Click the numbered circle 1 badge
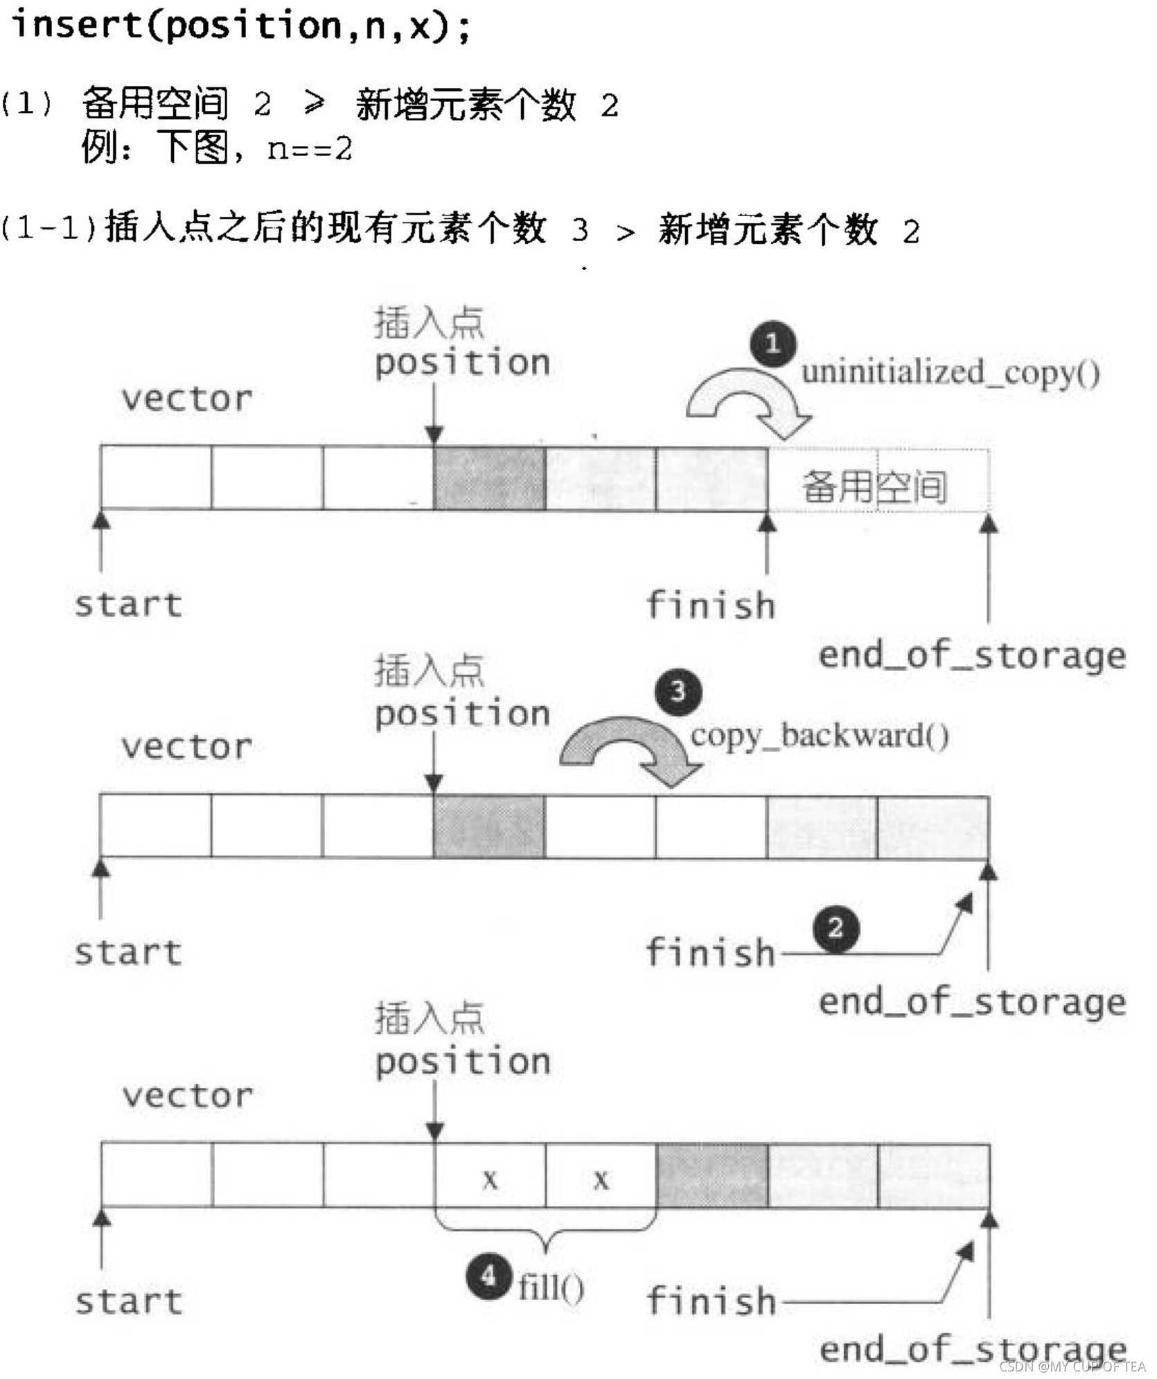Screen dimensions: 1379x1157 (772, 344)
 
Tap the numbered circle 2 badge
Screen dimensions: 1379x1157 (836, 928)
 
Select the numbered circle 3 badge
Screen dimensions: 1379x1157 (678, 691)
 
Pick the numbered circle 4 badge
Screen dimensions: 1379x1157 (489, 1276)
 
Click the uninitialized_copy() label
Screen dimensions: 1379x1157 (950, 373)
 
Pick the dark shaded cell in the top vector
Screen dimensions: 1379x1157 (489, 478)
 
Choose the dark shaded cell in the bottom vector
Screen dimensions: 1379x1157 (712, 1175)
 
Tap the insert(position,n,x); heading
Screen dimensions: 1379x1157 (240, 26)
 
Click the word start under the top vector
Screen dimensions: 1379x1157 (128, 604)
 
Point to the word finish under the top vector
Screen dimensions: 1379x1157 (710, 605)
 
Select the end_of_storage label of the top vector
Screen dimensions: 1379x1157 (971, 655)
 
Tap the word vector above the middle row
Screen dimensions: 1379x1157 (187, 747)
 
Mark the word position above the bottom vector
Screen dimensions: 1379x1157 (463, 1062)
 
